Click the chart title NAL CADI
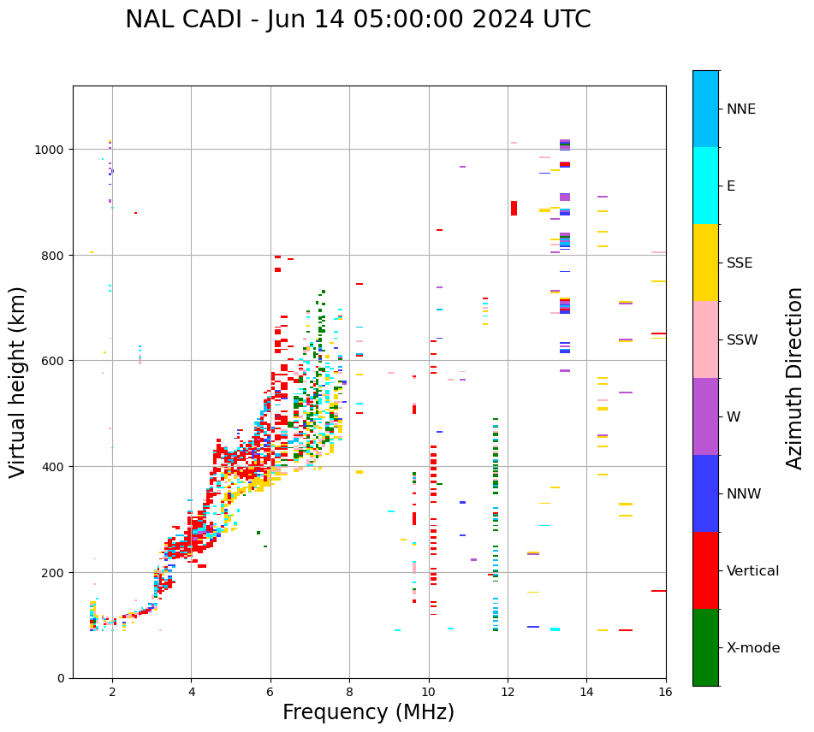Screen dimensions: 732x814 (358, 20)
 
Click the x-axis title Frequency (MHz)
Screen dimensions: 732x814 (368, 712)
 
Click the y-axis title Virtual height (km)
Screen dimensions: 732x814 (18, 381)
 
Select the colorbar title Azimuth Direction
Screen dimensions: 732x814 (795, 378)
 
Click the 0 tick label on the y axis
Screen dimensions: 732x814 (60, 678)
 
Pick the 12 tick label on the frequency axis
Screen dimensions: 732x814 (508, 693)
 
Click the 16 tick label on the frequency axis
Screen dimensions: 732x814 (665, 693)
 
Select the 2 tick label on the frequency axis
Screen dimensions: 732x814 (112, 693)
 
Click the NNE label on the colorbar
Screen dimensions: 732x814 (741, 109)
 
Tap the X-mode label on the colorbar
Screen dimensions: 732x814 (753, 648)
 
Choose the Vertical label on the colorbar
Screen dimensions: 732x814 (752, 571)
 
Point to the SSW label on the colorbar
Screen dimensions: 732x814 (742, 340)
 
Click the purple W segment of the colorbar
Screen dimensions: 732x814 (705, 416)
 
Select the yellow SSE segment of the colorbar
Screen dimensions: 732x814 (705, 263)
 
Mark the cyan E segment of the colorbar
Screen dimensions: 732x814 (705, 186)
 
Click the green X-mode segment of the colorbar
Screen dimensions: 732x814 (705, 647)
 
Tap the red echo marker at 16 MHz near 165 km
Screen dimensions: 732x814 (658, 591)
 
